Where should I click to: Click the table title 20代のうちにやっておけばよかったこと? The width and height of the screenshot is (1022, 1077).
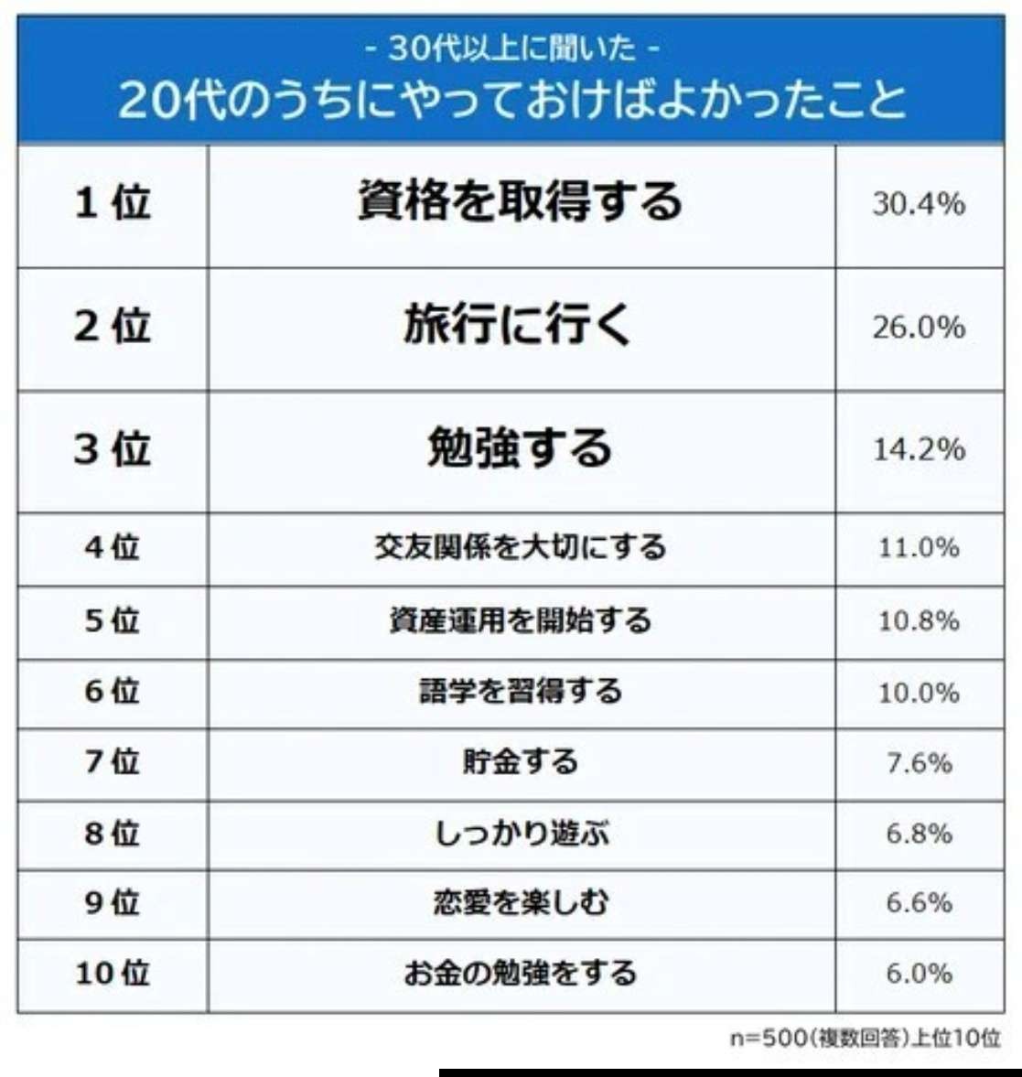pyautogui.click(x=511, y=99)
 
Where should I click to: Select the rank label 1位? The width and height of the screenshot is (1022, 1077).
pyautogui.click(x=113, y=202)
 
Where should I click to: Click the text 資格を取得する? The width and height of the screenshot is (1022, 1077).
pyautogui.click(x=521, y=202)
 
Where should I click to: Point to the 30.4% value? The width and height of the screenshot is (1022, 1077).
pyautogui.click(x=919, y=203)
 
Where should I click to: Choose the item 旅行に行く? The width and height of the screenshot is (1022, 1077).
pyautogui.click(x=518, y=326)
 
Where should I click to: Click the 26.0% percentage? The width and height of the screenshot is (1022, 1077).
pyautogui.click(x=919, y=327)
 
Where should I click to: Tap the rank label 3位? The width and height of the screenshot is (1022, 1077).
pyautogui.click(x=113, y=449)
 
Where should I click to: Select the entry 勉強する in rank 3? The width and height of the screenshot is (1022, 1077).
pyautogui.click(x=520, y=449)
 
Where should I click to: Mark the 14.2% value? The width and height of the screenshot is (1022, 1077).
pyautogui.click(x=919, y=449)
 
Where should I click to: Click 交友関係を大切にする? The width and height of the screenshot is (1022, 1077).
pyautogui.click(x=521, y=548)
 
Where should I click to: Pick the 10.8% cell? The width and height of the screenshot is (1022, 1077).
pyautogui.click(x=919, y=621)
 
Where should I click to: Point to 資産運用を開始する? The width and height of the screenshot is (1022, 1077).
pyautogui.click(x=521, y=620)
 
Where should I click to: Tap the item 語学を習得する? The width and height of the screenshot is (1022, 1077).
pyautogui.click(x=521, y=691)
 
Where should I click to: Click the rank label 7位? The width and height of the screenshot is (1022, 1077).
pyautogui.click(x=113, y=761)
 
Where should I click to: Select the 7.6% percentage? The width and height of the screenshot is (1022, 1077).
pyautogui.click(x=919, y=762)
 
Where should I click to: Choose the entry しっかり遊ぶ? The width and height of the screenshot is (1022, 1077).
pyautogui.click(x=521, y=834)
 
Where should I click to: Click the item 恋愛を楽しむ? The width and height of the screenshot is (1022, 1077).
pyautogui.click(x=521, y=903)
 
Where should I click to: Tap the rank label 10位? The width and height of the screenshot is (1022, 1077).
pyautogui.click(x=113, y=973)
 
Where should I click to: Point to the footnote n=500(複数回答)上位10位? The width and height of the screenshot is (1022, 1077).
pyautogui.click(x=865, y=1039)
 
